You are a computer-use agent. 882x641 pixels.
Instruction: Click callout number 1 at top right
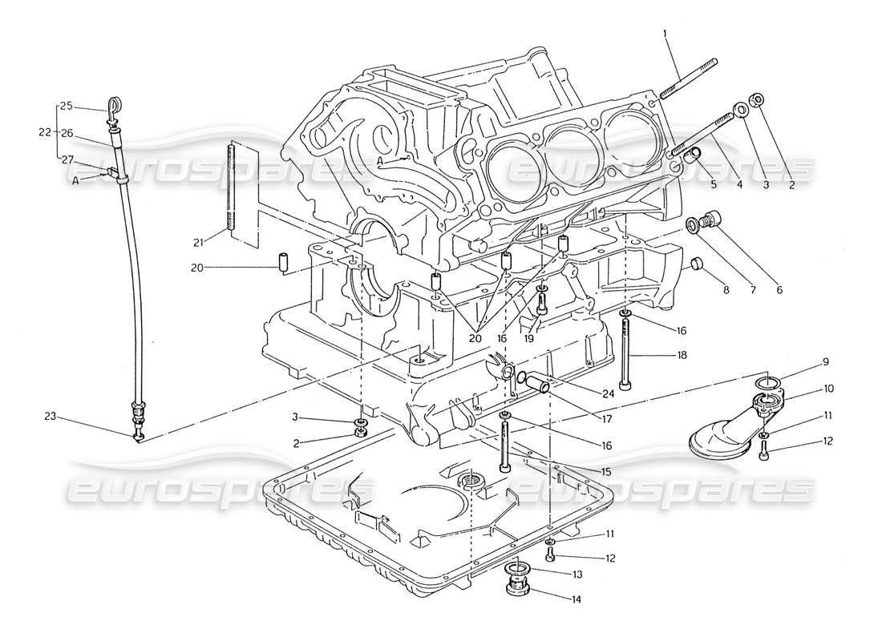665,34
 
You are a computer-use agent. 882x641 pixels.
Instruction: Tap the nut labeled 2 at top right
755,100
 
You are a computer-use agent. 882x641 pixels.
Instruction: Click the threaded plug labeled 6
711,220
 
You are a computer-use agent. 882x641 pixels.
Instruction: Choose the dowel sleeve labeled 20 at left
282,262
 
